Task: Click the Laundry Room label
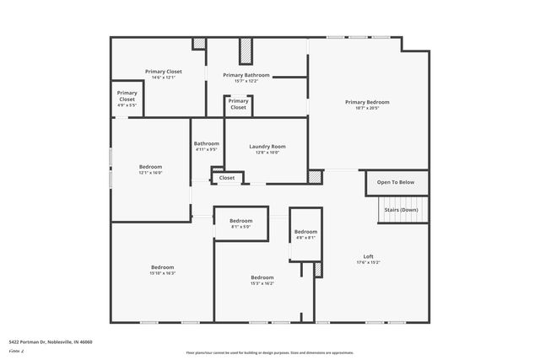pos(267,147)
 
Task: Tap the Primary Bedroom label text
pos(367,102)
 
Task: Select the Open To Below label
pos(395,182)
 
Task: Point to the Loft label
pos(368,256)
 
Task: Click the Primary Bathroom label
pos(246,75)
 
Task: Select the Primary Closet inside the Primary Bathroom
pos(238,105)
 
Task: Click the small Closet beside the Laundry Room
pos(227,178)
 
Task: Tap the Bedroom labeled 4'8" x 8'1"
pos(305,232)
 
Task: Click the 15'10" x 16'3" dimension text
pos(163,273)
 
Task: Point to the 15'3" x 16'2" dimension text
pos(262,283)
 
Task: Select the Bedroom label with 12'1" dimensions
pos(150,167)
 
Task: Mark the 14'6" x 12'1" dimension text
pos(163,78)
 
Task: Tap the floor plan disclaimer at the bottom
pos(270,352)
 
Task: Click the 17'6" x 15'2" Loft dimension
pos(368,262)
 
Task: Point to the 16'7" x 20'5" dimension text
pos(367,108)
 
